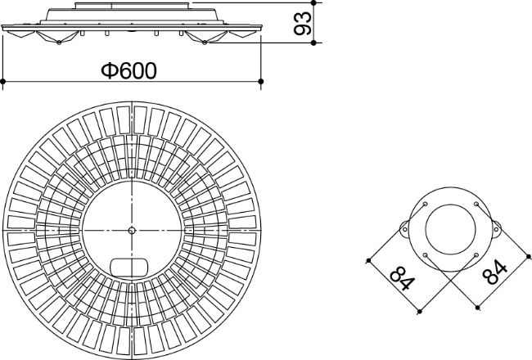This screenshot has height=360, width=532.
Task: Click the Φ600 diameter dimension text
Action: tap(129, 70)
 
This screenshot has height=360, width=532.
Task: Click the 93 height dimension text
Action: tap(302, 23)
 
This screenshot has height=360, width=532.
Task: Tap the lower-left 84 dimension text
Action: tap(403, 278)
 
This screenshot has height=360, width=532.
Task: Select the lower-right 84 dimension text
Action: tap(494, 272)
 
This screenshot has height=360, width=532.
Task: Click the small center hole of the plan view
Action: tap(132, 231)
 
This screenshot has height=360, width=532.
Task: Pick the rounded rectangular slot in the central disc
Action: tap(130, 267)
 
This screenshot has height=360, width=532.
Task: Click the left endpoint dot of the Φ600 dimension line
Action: tap(3, 82)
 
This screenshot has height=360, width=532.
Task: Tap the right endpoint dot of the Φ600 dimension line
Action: tap(260, 82)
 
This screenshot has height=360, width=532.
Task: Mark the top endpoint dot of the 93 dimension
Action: tap(313, 2)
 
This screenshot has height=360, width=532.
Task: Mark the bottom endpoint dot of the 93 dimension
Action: tap(313, 43)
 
